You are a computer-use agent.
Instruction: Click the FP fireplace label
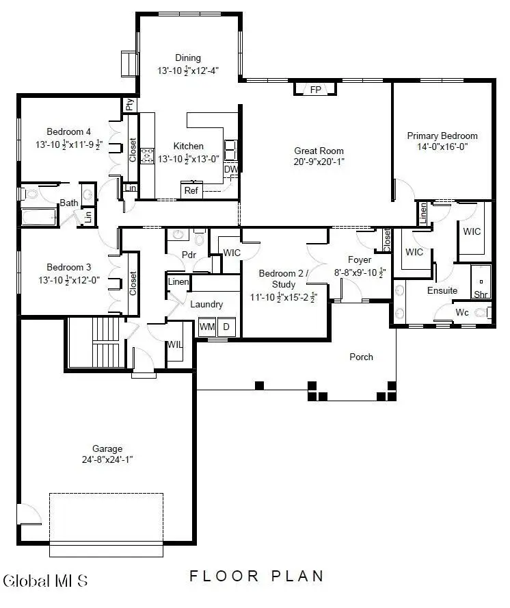click(315, 90)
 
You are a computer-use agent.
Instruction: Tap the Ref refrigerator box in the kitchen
click(191, 190)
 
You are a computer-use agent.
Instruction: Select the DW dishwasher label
click(230, 169)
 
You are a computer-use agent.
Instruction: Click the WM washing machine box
click(207, 328)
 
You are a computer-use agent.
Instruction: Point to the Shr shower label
click(481, 294)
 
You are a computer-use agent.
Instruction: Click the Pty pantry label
click(129, 105)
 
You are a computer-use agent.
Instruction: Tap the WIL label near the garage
click(175, 344)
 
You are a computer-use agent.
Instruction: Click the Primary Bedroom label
click(442, 136)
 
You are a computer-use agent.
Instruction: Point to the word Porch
click(361, 357)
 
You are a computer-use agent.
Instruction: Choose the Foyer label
click(360, 260)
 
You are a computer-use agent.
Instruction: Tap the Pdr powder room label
click(189, 255)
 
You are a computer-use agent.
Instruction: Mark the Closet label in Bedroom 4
click(133, 151)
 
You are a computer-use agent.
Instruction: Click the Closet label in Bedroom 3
click(133, 283)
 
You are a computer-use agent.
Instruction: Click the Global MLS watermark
click(46, 581)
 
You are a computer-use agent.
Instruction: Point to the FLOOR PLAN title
click(256, 576)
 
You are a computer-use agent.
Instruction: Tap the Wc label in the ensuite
click(463, 312)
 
